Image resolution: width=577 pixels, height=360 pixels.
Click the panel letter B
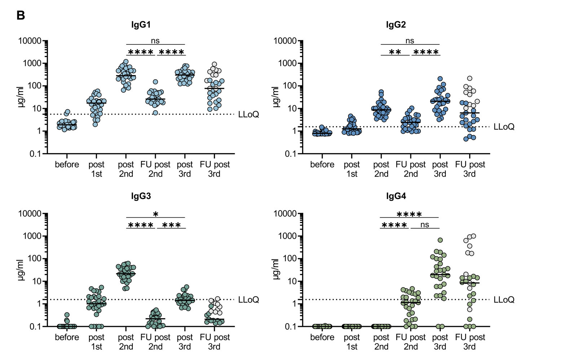point(21,15)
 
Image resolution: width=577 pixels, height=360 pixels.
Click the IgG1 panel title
point(141,25)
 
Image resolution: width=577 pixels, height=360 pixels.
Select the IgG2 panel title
point(396,25)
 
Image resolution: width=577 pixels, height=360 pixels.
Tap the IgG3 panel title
point(141,196)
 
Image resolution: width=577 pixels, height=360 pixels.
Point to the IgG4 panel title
point(396,196)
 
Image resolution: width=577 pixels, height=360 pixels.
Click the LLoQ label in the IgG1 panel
point(248,115)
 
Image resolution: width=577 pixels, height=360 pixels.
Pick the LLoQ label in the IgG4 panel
point(504,300)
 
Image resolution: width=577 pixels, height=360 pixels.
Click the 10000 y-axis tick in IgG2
point(285,41)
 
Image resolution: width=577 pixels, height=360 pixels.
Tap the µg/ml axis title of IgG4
point(276,270)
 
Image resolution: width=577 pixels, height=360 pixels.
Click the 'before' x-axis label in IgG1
point(67,165)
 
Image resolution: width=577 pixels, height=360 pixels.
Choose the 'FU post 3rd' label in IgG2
point(470,169)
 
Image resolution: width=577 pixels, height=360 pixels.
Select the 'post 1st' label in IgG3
point(96,342)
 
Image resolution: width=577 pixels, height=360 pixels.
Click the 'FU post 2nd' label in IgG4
point(410,342)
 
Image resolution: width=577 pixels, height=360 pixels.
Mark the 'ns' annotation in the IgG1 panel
point(155,41)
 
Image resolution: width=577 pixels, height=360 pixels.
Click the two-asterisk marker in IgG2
point(395,52)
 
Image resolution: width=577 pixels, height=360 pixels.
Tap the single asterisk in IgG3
point(155,214)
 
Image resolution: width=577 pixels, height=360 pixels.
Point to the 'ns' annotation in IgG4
point(425,225)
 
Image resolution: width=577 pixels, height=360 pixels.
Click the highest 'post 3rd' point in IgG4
point(440,240)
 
